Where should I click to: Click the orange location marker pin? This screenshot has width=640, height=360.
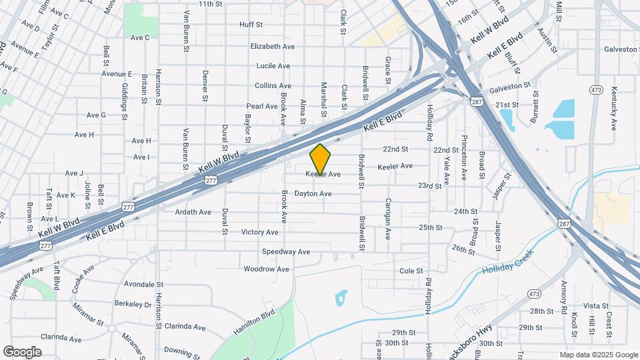321,159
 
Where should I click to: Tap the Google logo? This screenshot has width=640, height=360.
22,351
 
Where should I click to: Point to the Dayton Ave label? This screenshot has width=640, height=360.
313,194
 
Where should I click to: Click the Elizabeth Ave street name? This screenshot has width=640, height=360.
272,47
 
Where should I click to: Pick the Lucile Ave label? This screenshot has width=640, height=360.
273,66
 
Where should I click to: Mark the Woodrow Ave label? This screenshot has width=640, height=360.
266,269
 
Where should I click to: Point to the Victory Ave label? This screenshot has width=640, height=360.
260,232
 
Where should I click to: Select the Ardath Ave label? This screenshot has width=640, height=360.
193,212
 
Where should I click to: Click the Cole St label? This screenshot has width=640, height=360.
411,271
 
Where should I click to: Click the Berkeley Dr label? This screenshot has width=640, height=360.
134,304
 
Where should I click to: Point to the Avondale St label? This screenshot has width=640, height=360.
139,284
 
